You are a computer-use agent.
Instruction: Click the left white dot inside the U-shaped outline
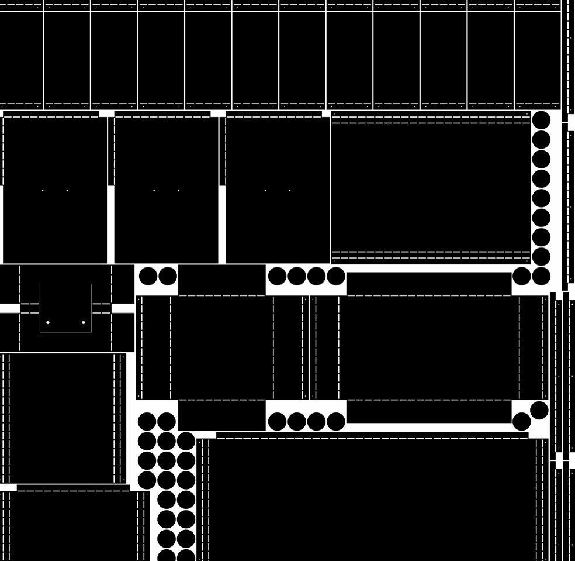48,322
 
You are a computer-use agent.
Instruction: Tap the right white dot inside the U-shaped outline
84,322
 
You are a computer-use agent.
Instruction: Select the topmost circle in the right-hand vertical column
541,121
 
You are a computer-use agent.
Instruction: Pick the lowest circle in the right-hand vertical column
541,276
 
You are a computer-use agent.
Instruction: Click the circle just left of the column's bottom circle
522,276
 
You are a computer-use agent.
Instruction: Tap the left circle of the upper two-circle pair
148,276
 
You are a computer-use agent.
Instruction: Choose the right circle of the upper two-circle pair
167,276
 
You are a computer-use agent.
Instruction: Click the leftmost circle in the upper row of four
277,276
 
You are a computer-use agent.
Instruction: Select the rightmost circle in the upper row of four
335,276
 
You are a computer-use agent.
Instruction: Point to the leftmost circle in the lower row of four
277,421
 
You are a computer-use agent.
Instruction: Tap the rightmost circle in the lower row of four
335,421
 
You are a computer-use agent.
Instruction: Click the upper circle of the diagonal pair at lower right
539,411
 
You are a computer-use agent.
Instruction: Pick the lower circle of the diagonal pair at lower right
522,421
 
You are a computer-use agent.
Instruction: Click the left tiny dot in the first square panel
43,190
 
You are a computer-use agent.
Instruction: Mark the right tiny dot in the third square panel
290,190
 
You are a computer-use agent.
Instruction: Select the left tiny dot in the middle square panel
154,190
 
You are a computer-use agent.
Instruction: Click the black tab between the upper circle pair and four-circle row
221,280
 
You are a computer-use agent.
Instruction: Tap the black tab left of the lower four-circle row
221,415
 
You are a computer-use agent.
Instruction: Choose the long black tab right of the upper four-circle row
429,284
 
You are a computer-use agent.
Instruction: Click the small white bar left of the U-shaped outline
9,308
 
